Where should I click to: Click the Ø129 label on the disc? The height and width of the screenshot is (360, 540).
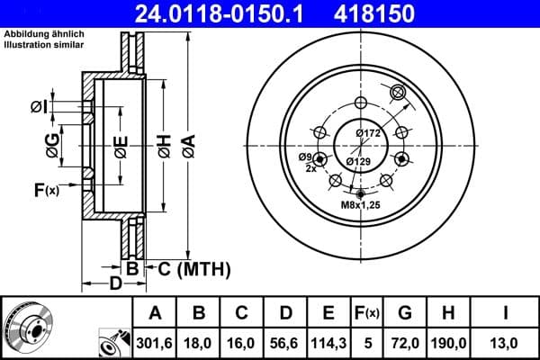click(358, 161)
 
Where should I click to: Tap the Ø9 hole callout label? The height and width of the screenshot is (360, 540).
click(306, 157)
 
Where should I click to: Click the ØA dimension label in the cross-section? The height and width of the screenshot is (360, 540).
click(188, 145)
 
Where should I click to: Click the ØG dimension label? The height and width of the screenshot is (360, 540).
click(55, 143)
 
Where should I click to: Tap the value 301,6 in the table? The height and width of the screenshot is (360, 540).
click(154, 342)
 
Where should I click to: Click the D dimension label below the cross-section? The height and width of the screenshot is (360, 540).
click(115, 285)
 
